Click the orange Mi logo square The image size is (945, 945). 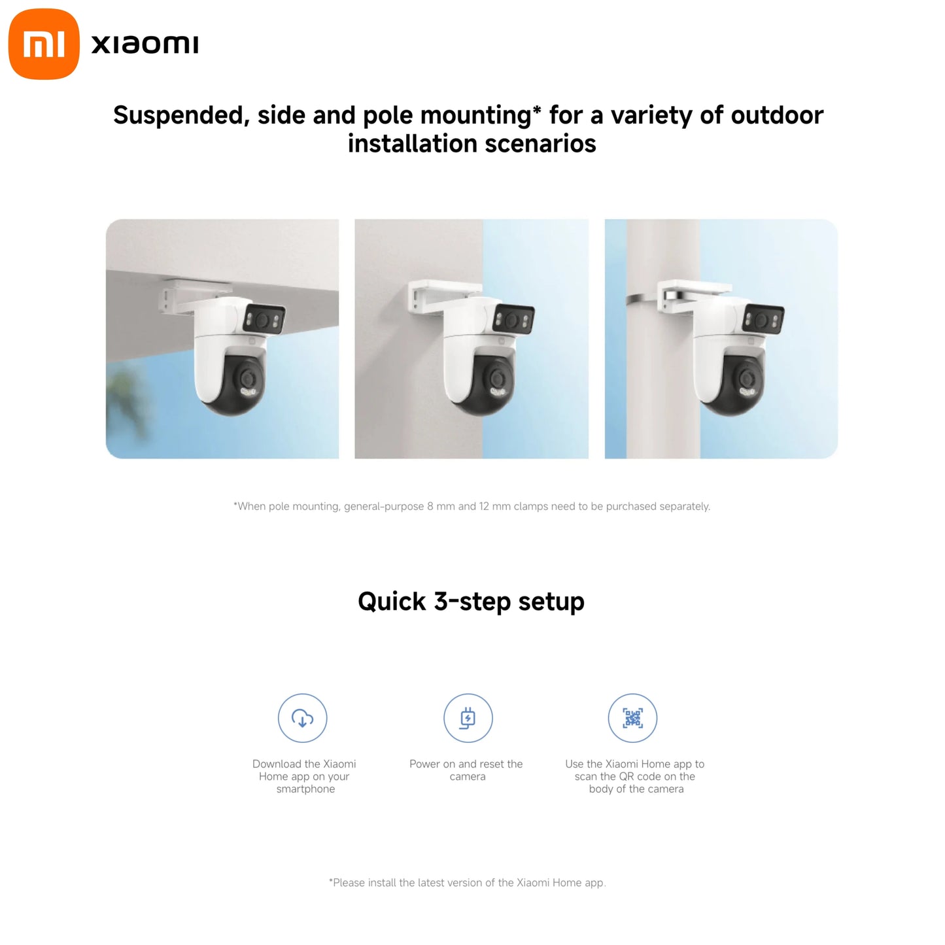44,44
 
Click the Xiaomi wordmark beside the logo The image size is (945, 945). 145,44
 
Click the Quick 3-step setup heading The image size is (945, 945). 471,602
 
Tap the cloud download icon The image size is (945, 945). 302,718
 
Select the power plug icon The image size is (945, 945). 468,718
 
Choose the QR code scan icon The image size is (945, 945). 632,718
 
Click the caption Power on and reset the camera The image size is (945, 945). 466,770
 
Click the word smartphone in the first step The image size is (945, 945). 305,789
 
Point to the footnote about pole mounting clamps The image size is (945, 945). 472,506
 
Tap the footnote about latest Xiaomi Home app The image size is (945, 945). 467,883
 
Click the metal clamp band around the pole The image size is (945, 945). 641,299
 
